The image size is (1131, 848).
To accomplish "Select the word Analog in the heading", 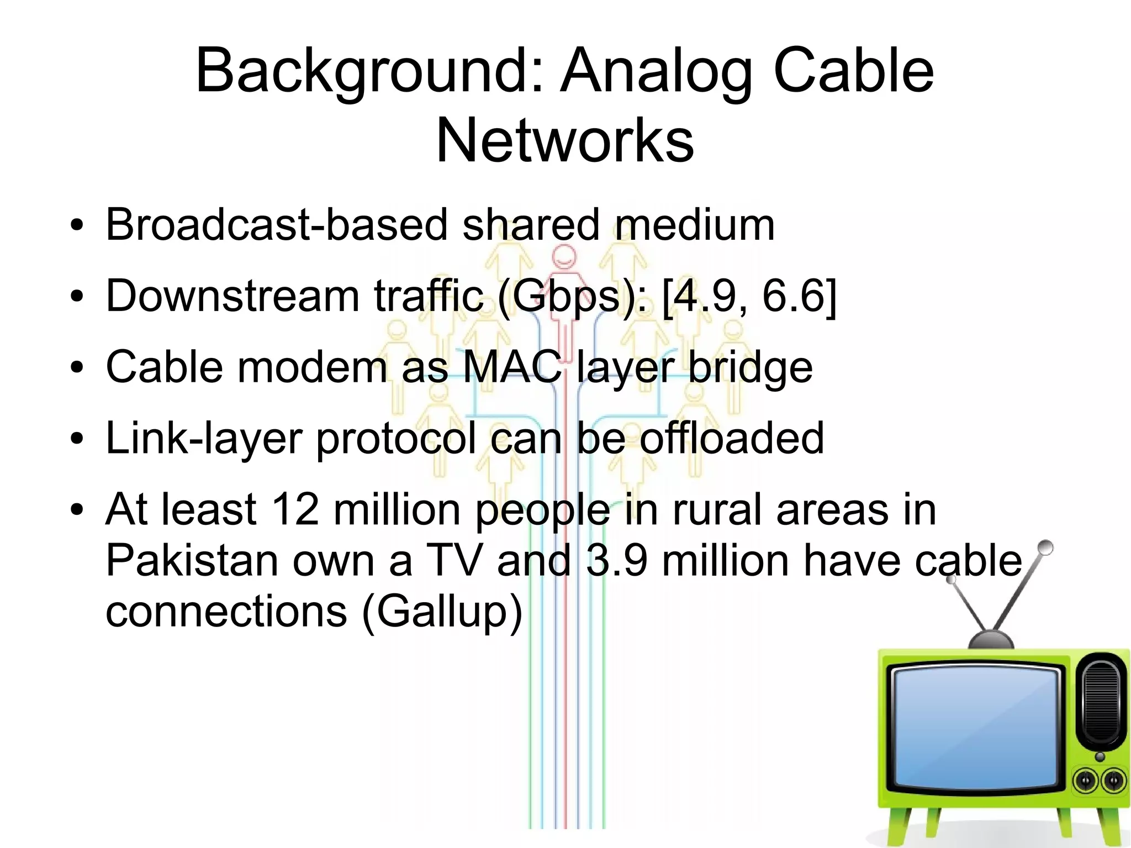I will tap(656, 72).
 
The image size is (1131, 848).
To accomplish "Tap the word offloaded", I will tap(731, 438).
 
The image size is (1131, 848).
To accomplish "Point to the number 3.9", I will tap(616, 560).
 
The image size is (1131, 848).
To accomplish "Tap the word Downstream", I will tap(232, 296).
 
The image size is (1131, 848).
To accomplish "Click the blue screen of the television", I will tap(975, 728).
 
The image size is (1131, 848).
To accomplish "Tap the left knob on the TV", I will tap(1085, 781).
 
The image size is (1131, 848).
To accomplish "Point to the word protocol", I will tap(395, 439).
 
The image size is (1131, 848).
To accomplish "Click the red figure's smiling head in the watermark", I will tap(564, 257).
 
